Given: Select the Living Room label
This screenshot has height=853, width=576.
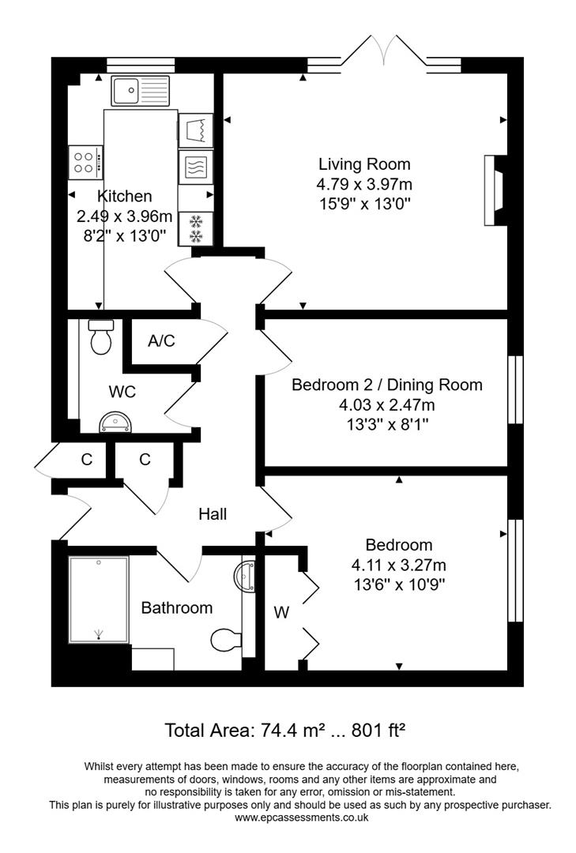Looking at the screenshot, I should pyautogui.click(x=364, y=164).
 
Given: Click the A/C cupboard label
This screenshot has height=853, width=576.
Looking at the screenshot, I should pyautogui.click(x=161, y=341).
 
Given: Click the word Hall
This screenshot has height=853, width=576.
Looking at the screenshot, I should pyautogui.click(x=213, y=514).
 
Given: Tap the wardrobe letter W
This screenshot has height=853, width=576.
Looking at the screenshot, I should pyautogui.click(x=280, y=611).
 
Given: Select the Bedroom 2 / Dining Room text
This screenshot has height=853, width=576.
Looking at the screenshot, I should pyautogui.click(x=386, y=385).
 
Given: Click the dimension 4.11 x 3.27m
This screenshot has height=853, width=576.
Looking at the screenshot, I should pyautogui.click(x=398, y=565).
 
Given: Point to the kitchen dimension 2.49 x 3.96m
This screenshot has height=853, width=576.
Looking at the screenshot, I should pyautogui.click(x=124, y=216).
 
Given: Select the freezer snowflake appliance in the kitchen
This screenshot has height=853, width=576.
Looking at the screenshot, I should pyautogui.click(x=195, y=227).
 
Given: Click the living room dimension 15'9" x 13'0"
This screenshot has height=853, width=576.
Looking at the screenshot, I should pyautogui.click(x=364, y=204).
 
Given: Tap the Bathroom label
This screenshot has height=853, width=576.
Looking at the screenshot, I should pyautogui.click(x=176, y=607).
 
